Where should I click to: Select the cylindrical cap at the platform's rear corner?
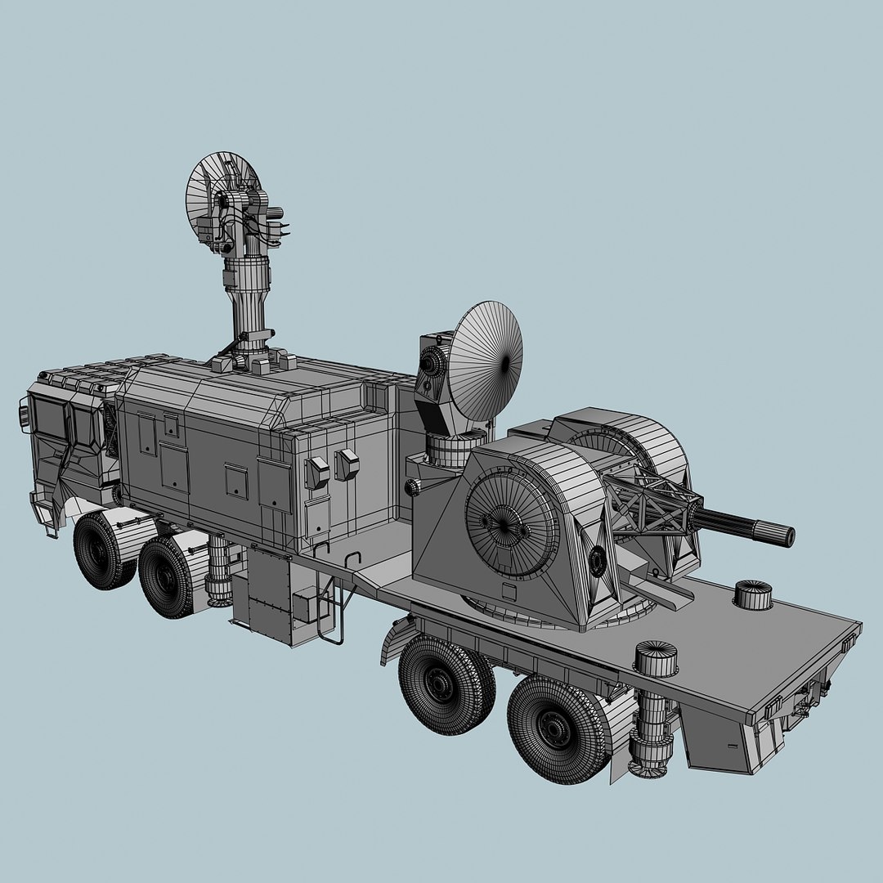753,594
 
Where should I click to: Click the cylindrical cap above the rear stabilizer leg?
657,658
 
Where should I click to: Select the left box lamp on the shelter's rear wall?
316,473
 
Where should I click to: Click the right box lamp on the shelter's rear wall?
347,464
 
